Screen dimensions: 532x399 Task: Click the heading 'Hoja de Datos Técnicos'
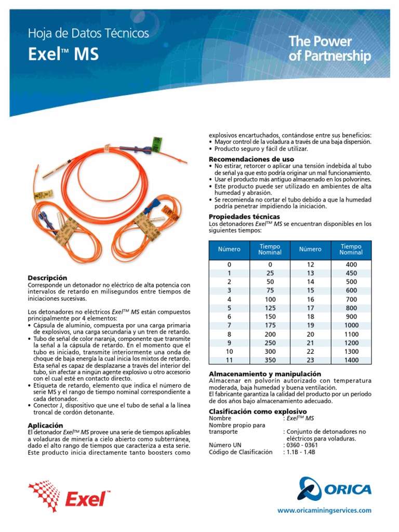(88, 34)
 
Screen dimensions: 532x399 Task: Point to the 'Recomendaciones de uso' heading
(251, 158)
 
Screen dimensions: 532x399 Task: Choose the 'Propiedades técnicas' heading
(244, 216)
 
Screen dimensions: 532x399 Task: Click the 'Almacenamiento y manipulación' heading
(265, 374)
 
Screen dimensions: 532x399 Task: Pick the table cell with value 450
(351, 273)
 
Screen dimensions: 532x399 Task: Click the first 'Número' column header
(229, 249)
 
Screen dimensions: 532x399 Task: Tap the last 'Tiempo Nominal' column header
(351, 249)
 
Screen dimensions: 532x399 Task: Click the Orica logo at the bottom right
(335, 489)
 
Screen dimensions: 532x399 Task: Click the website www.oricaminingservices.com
(325, 511)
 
